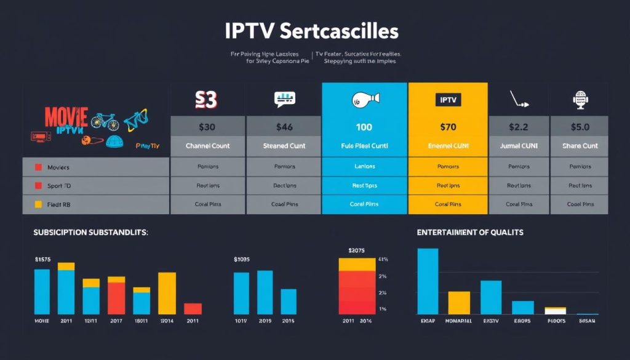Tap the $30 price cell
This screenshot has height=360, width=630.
[207, 127]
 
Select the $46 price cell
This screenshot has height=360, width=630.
[284, 127]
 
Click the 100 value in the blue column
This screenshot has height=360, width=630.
[364, 127]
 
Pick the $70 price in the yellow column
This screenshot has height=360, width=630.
[448, 127]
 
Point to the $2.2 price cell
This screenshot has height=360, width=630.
[519, 127]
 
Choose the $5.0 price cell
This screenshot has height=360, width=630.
[579, 127]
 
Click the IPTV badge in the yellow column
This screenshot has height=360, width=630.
[448, 99]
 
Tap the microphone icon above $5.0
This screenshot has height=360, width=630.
[580, 99]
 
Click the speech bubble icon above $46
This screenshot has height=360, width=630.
[284, 98]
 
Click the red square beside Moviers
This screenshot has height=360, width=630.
[38, 167]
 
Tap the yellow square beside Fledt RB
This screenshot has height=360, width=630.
[38, 204]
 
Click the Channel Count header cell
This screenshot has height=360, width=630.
[207, 146]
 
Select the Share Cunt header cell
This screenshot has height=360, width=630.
[579, 146]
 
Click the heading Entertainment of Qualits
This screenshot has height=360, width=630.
[469, 232]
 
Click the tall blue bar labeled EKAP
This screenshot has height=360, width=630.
[428, 281]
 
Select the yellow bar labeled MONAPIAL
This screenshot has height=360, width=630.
[459, 303]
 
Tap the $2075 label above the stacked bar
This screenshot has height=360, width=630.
[356, 250]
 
